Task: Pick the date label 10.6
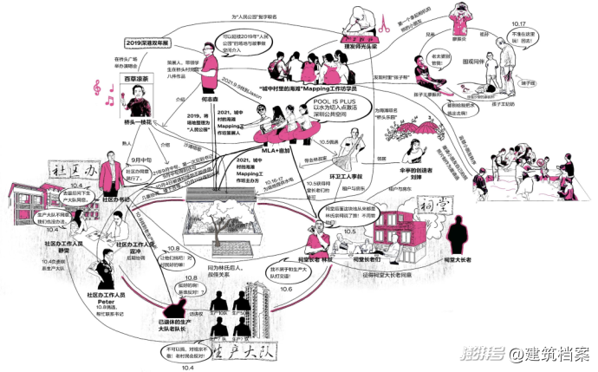[286, 289]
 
